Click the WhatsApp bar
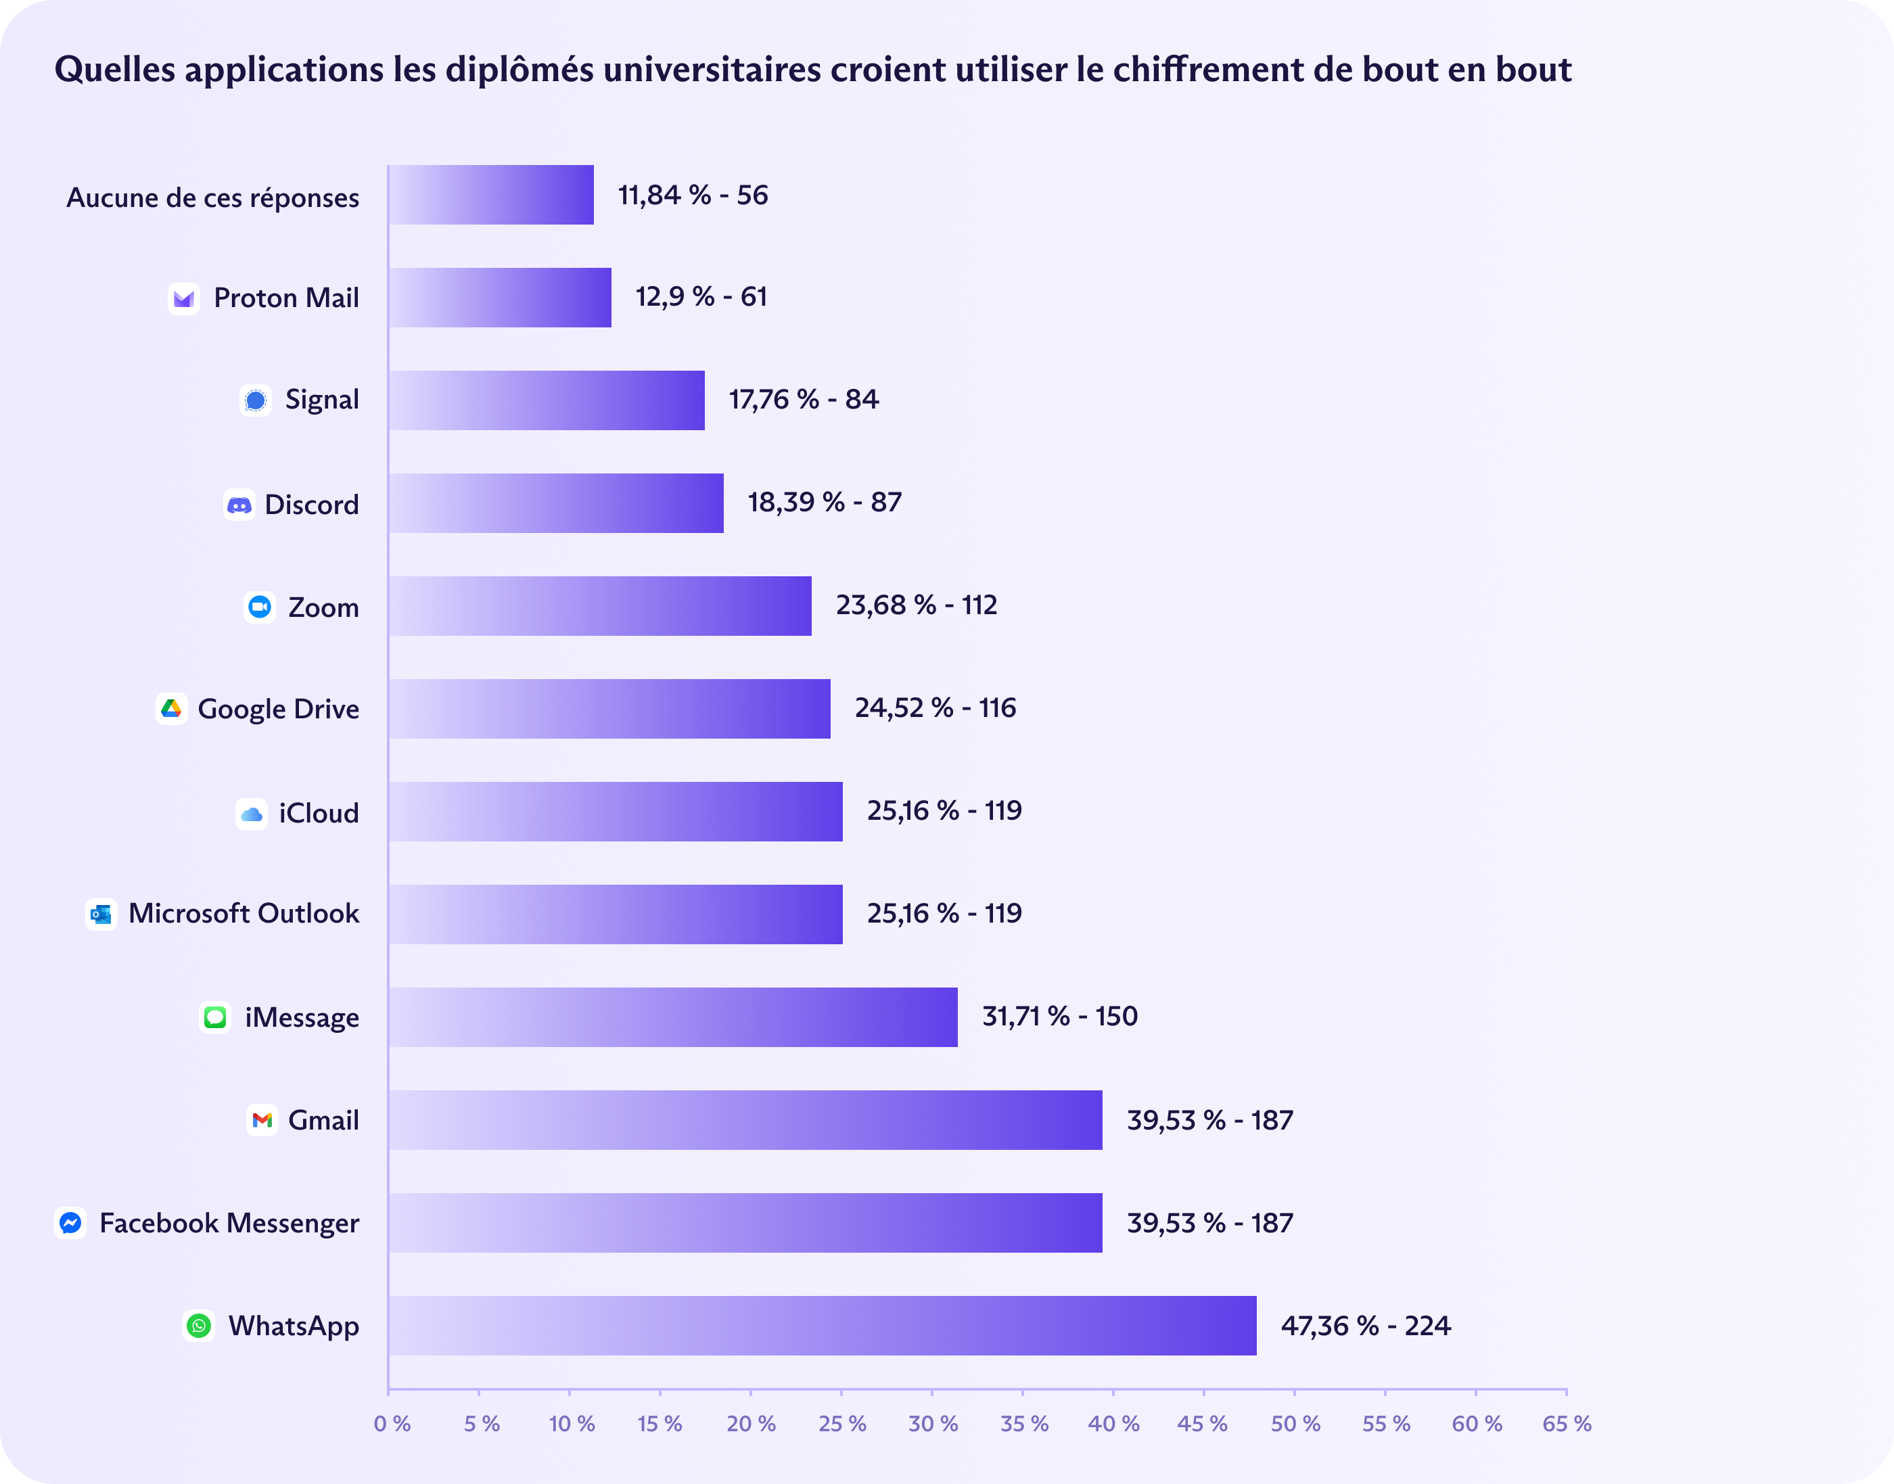click(822, 1325)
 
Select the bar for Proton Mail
click(500, 297)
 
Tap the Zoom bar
click(599, 605)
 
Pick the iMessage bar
click(672, 1017)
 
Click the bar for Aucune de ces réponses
click(491, 195)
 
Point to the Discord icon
click(239, 504)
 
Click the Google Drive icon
click(171, 708)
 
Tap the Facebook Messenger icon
click(70, 1222)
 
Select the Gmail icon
click(262, 1120)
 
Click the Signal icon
click(256, 400)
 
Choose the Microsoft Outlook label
click(244, 913)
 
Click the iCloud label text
click(318, 813)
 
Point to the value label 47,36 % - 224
click(1365, 1325)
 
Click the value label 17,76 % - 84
click(804, 400)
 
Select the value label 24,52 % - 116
click(935, 708)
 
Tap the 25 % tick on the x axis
click(842, 1423)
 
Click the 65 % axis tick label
click(1567, 1423)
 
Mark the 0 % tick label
click(392, 1423)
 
